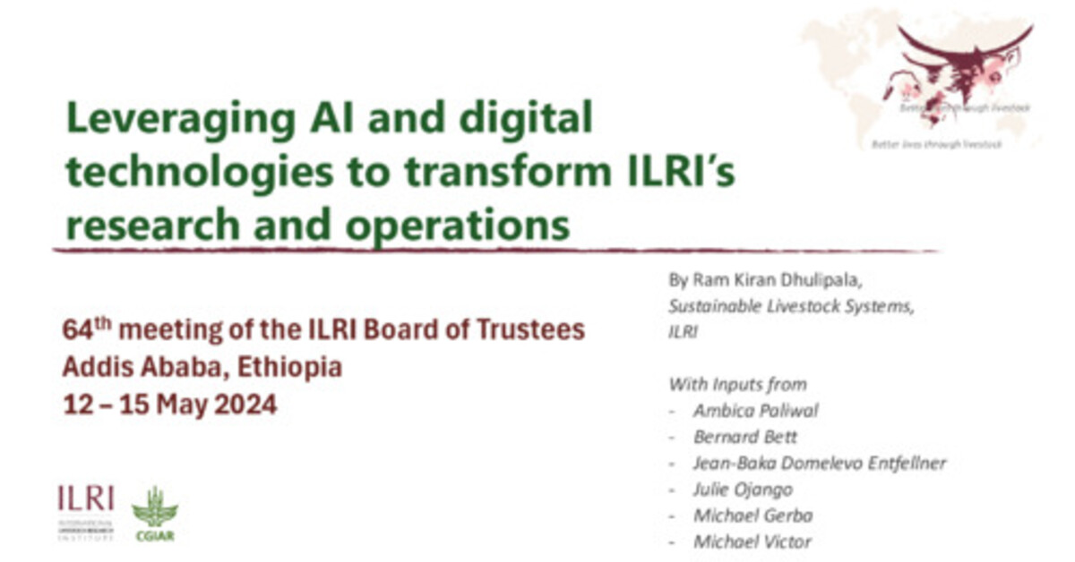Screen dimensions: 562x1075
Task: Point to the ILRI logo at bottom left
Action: tap(85, 512)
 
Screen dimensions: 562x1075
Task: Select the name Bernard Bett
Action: tap(744, 437)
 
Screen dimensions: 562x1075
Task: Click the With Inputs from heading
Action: tap(737, 384)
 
